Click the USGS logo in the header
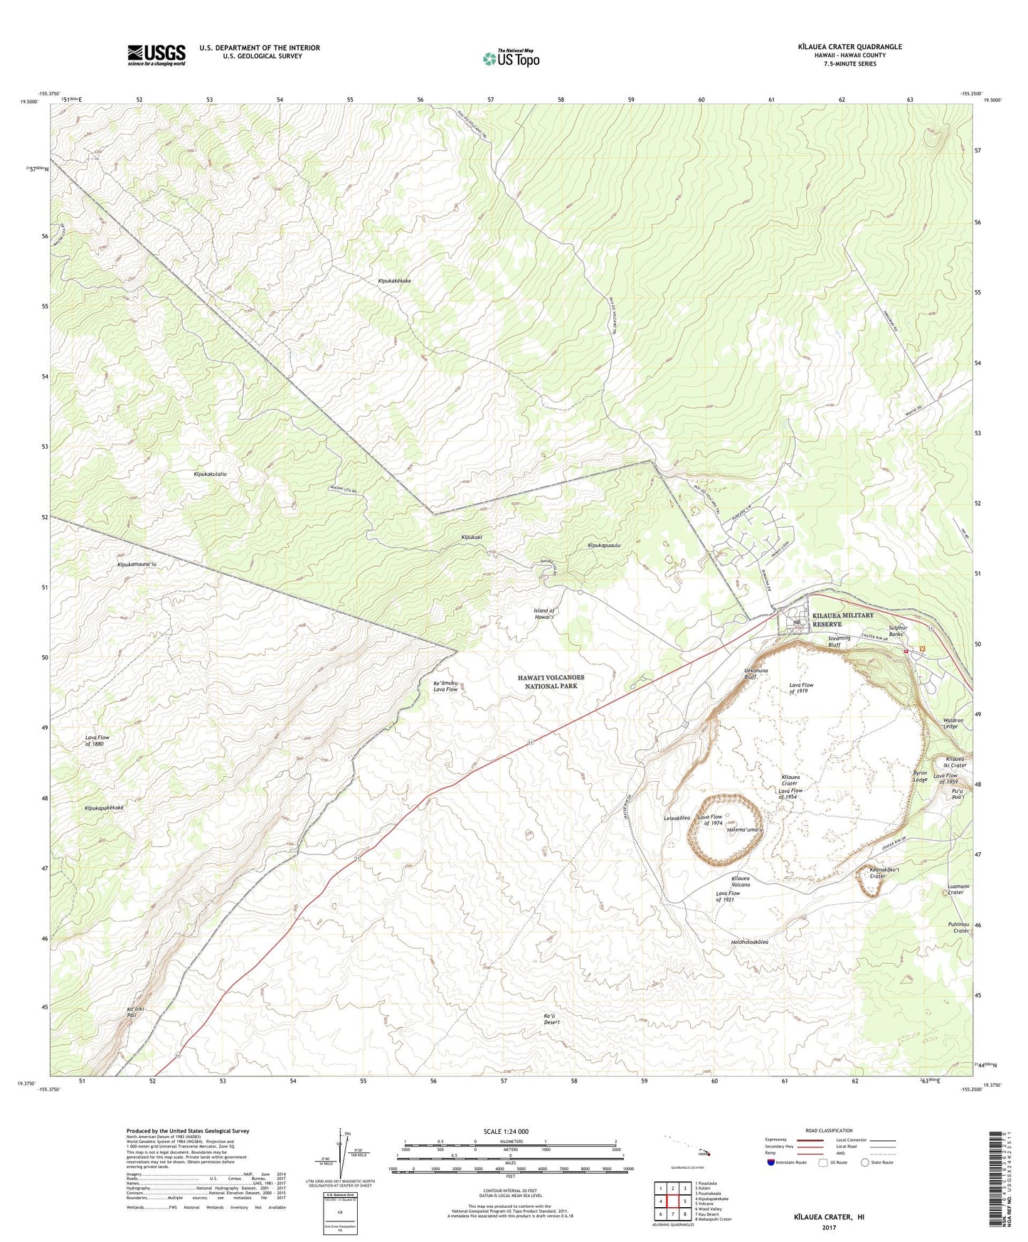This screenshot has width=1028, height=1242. pos(157,55)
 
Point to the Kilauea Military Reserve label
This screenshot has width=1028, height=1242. pos(842,620)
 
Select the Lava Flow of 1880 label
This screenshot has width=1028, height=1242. pos(97,741)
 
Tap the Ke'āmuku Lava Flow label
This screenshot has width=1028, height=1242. pos(445,686)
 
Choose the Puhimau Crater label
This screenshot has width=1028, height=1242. pos(961,927)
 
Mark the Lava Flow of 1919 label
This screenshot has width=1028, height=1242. pos(801,688)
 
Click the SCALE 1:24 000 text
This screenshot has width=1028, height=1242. pos(506,1131)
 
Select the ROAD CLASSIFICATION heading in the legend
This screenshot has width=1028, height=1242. pos(829,1130)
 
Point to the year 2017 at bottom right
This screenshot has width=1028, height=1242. pos(829,1227)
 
